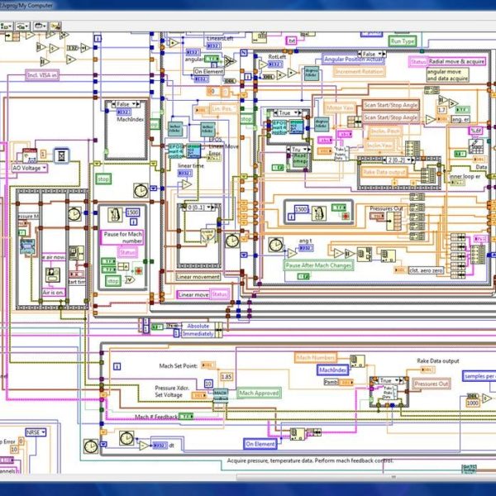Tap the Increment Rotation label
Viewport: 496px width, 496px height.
pyautogui.click(x=361, y=72)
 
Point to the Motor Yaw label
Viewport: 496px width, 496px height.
pyautogui.click(x=341, y=107)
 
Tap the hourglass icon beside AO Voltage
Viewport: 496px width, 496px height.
pyautogui.click(x=60, y=155)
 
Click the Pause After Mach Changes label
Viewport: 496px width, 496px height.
pyautogui.click(x=319, y=265)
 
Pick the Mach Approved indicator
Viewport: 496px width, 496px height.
pyautogui.click(x=259, y=393)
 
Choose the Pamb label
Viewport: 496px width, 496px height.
pyautogui.click(x=330, y=382)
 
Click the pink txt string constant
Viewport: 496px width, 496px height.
pyautogui.click(x=291, y=40)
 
